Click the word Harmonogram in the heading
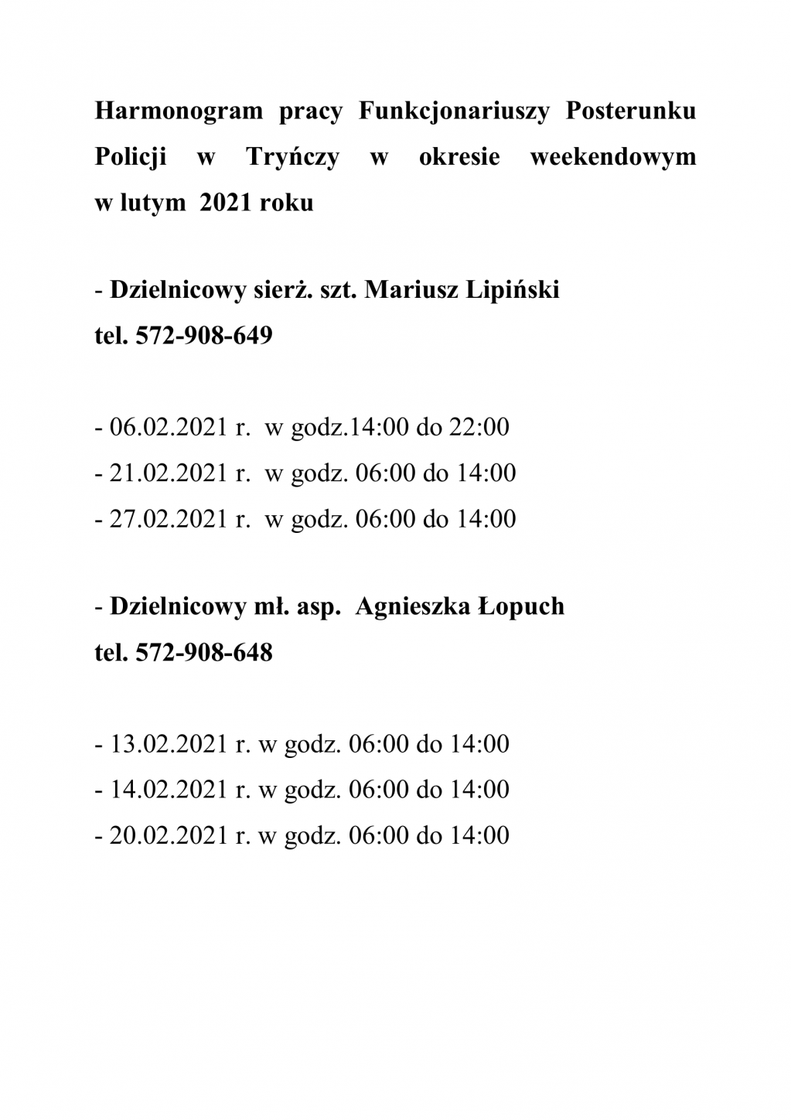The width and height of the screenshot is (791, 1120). click(x=179, y=111)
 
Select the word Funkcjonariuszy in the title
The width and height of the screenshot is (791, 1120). click(x=454, y=111)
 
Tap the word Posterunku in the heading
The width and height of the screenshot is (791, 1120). click(x=631, y=111)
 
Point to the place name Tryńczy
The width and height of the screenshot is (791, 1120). click(x=293, y=157)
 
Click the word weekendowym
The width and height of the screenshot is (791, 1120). click(x=613, y=157)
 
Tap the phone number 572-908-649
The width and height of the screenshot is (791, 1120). click(x=203, y=336)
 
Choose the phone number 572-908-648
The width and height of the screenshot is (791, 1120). click(x=203, y=653)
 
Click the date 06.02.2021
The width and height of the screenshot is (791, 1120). click(x=169, y=427)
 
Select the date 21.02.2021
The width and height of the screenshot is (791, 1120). click(x=169, y=473)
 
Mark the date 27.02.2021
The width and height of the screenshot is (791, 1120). click(x=169, y=518)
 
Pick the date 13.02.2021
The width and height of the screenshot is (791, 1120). click(x=169, y=744)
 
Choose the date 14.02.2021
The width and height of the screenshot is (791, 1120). click(x=169, y=790)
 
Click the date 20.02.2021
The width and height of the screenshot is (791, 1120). click(x=169, y=835)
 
